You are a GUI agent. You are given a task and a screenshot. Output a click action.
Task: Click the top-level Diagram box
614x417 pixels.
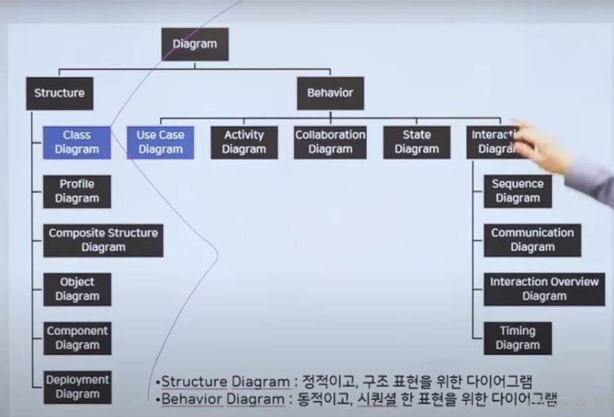195,44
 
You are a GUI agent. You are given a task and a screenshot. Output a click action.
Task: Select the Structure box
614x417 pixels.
60,93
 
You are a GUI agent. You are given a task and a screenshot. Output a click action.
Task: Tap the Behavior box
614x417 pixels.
330,93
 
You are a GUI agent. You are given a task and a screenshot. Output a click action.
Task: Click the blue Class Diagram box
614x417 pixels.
77,142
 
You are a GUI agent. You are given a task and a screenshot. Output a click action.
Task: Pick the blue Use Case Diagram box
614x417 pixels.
161,142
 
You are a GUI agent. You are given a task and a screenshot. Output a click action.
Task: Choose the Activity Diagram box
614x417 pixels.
244,142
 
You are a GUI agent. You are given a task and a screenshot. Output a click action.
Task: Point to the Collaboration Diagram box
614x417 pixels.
330,142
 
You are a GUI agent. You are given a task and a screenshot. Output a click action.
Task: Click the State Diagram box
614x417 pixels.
417,142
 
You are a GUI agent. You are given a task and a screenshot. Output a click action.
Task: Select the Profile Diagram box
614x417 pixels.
77,191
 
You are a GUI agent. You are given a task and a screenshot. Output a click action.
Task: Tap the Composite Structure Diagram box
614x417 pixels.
103,240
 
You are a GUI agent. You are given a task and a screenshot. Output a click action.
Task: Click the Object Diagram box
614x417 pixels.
77,289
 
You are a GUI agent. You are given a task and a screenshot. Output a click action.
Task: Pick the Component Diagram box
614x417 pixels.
77,338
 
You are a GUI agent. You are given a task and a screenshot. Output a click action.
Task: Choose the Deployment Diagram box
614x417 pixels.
77,387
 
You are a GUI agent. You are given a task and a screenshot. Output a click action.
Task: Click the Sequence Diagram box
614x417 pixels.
517,191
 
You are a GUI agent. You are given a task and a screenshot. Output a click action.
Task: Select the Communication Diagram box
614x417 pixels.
533,240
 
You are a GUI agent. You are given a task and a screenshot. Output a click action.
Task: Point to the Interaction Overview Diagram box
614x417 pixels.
544,289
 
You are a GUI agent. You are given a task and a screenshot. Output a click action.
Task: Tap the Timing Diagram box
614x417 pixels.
517,338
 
